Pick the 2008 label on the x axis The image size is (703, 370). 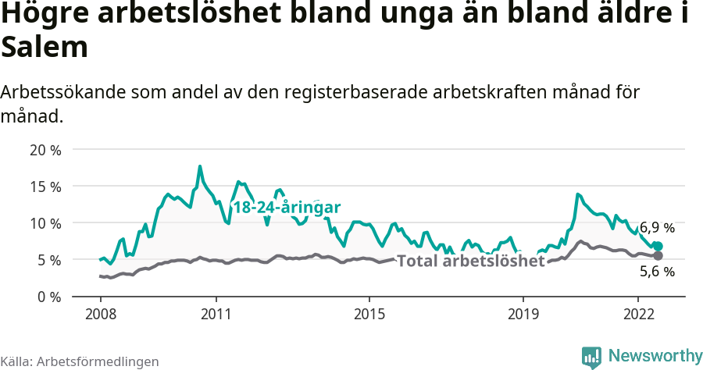pyautogui.click(x=101, y=315)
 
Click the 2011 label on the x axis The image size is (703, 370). pyautogui.click(x=216, y=315)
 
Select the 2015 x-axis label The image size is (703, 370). pyautogui.click(x=369, y=315)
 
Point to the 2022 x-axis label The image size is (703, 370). pyautogui.click(x=637, y=315)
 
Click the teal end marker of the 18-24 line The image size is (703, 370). pyautogui.click(x=658, y=246)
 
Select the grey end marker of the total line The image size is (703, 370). pyautogui.click(x=658, y=256)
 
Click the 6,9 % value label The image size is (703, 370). pyautogui.click(x=657, y=228)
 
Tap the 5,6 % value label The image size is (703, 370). pyautogui.click(x=657, y=272)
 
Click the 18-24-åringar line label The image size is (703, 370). pyautogui.click(x=287, y=208)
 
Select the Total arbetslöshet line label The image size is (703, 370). pyautogui.click(x=470, y=261)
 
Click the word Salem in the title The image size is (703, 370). pyautogui.click(x=44, y=48)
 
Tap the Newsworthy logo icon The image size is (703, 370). pyautogui.click(x=591, y=356)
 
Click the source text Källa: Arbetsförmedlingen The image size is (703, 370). pyautogui.click(x=80, y=361)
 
